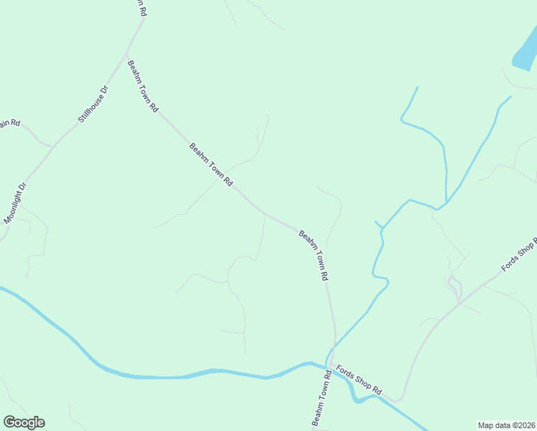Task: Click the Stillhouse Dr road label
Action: [93, 104]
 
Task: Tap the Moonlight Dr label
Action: [15, 203]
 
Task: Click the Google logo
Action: [24, 422]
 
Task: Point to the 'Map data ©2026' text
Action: [506, 425]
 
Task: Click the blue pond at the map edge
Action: [526, 52]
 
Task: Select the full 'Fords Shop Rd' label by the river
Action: [358, 377]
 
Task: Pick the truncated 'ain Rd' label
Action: [10, 123]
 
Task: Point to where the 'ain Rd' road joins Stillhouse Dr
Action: [53, 147]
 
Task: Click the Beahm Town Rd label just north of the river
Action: [314, 255]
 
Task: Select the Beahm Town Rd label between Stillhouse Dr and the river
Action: [211, 165]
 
